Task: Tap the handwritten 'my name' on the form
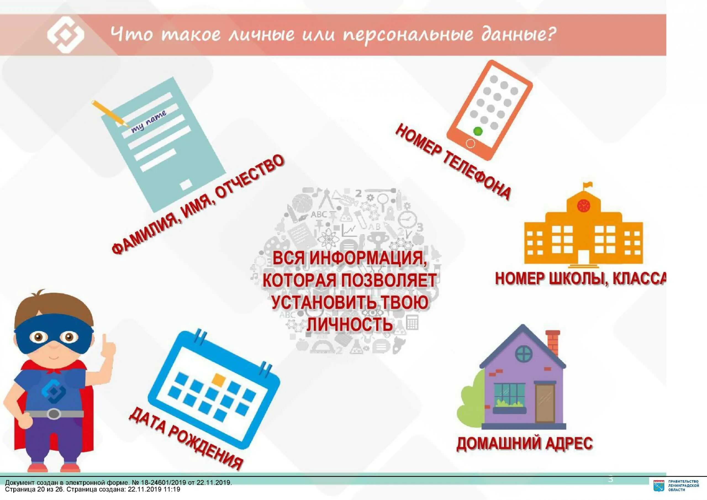(149, 122)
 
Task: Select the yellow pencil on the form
(110, 113)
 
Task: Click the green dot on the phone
(478, 131)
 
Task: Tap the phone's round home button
(471, 144)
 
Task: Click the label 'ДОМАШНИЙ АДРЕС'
(524, 444)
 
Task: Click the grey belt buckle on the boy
(54, 414)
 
